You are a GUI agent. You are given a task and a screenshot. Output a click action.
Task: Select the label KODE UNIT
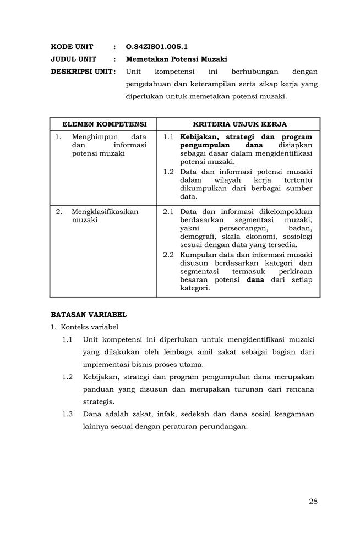(x=72, y=47)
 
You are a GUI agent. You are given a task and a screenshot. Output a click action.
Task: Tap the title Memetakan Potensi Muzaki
(x=176, y=59)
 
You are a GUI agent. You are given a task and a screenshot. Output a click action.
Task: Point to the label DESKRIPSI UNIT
(x=83, y=71)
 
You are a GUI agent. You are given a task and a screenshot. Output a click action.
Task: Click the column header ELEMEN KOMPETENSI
(x=104, y=124)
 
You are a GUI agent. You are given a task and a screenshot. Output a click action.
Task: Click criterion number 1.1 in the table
(x=168, y=137)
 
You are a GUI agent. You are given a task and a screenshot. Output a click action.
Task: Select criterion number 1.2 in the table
(x=168, y=172)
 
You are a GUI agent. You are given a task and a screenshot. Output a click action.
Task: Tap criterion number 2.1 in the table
(x=168, y=212)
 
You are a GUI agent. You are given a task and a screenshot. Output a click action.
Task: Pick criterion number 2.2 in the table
(x=168, y=255)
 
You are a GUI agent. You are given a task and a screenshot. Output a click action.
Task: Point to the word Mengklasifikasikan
(x=105, y=212)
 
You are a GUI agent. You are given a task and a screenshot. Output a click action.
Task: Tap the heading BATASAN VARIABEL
(x=89, y=315)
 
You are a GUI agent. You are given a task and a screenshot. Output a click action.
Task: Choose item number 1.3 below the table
(x=68, y=414)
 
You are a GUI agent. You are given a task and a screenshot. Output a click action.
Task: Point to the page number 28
(x=313, y=501)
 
